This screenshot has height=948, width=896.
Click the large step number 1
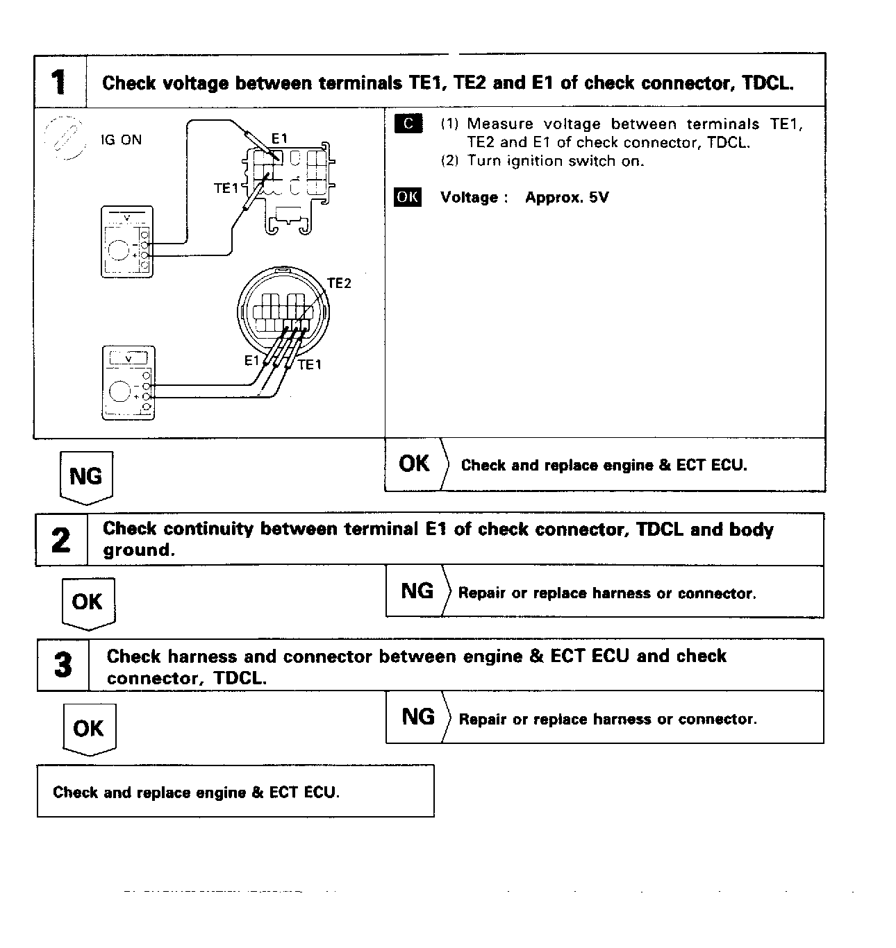pos(60,82)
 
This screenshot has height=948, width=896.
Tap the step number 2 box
pos(61,540)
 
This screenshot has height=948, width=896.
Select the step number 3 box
pos(63,666)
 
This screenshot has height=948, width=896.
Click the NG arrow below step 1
pos(86,477)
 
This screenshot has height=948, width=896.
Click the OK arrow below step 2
pos(88,602)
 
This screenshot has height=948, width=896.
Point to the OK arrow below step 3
pos(88,729)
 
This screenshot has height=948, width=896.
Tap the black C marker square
pos(408,124)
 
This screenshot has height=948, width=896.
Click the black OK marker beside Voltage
pos(407,197)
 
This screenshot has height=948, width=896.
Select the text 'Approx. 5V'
pos(567,197)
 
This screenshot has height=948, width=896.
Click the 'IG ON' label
pos(121,140)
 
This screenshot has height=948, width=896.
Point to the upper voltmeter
pos(127,242)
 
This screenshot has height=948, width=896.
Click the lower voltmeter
pos(128,382)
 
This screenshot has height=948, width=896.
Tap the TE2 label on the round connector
pos(339,283)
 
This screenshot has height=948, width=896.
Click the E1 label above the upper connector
pos(279,139)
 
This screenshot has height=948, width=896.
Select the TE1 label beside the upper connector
pos(226,188)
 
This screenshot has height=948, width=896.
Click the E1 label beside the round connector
pos(251,360)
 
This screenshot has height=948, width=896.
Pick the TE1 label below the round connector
pos(310,365)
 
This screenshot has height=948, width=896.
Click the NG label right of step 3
pos(418,717)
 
